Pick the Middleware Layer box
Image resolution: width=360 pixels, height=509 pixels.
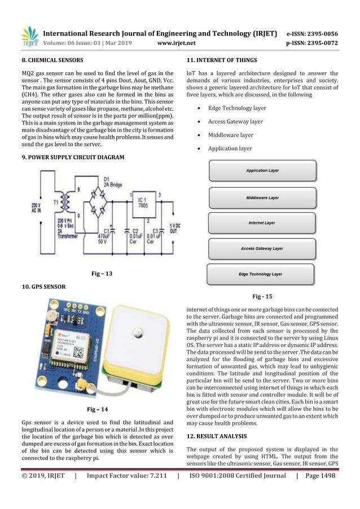point(262,198)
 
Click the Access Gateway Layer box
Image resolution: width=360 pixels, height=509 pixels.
point(262,248)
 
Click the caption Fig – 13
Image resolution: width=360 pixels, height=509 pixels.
point(102,274)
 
